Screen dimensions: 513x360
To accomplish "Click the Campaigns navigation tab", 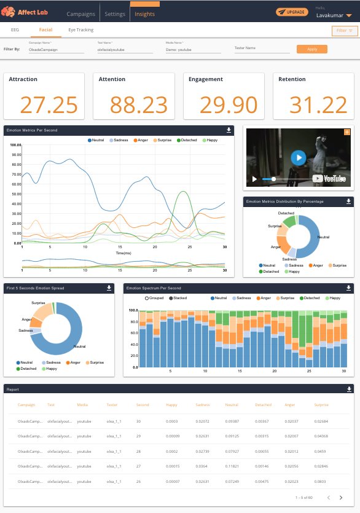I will pos(81,13).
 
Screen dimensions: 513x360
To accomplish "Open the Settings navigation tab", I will pos(115,13).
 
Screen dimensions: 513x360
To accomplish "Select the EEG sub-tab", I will pos(15,29).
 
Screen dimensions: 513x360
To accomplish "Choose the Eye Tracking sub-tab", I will pos(81,29).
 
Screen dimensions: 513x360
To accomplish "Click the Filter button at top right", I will pos(343,30).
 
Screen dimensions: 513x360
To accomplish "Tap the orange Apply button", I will pos(311,49).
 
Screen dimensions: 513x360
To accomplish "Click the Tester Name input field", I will pos(262,49).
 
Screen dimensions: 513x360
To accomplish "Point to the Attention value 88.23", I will pos(137,105).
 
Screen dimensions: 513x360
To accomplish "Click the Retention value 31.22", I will pos(318,105).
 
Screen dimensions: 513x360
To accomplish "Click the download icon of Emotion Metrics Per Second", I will pos(229,130).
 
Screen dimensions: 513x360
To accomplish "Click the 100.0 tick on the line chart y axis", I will pos(16,145).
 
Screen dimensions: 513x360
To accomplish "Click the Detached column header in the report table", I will pos(263,405).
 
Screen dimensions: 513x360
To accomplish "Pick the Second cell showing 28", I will pos(138,452).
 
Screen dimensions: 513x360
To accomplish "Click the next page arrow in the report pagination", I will pos(341,497).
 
